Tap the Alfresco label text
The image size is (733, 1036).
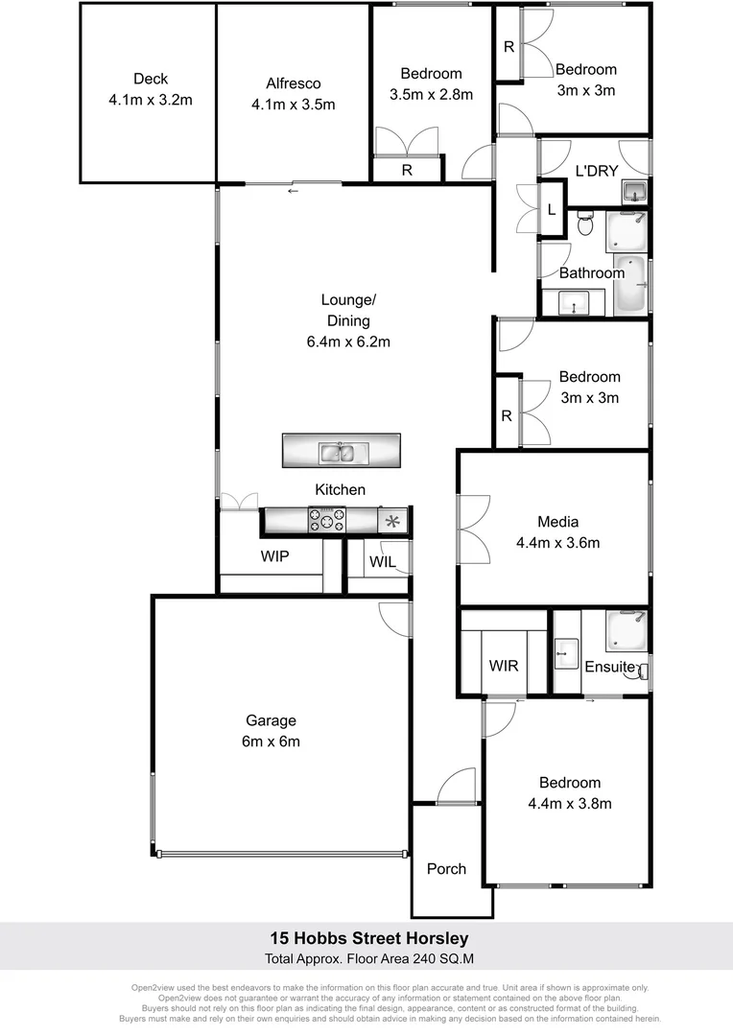[293, 83]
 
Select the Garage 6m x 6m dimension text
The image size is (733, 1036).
[271, 741]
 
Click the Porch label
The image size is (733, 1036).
[446, 869]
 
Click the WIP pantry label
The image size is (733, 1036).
[274, 556]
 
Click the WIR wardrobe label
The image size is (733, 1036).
[504, 665]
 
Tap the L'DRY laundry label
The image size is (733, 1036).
[596, 172]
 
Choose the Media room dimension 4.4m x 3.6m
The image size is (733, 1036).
[557, 543]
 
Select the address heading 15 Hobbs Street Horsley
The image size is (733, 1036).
[366, 938]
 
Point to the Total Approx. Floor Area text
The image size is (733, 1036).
[366, 958]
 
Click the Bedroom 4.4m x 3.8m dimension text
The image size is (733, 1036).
[570, 804]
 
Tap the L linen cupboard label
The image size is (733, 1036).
[551, 209]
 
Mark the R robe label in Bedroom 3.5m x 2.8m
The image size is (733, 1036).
[407, 171]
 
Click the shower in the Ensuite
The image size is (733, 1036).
[627, 630]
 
